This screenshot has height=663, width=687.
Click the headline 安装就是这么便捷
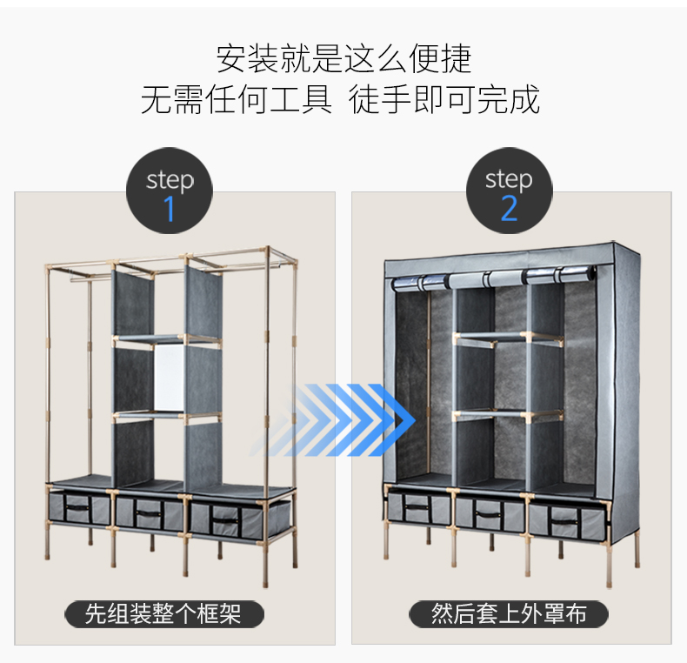point(343,59)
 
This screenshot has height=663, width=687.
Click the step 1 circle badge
point(170,191)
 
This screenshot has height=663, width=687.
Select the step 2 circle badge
point(509,191)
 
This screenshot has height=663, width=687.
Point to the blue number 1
point(170,209)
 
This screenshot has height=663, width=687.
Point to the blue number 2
point(509,209)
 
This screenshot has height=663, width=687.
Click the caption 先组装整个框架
point(165,614)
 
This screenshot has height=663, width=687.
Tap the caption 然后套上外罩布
point(509,614)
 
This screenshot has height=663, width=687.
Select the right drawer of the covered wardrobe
point(565,520)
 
